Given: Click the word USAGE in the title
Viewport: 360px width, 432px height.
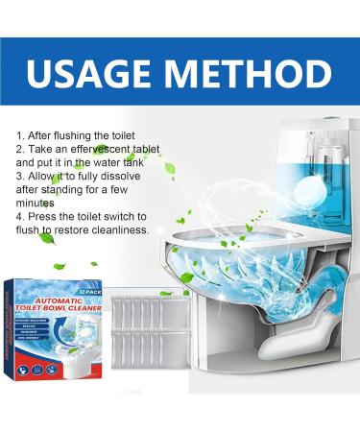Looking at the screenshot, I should pyautogui.click(x=100, y=74).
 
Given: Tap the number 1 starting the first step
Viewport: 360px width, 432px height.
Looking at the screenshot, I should pyautogui.click(x=19, y=135).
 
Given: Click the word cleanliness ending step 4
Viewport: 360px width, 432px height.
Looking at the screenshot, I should pyautogui.click(x=117, y=229).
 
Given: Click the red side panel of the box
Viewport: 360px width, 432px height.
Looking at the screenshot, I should pyautogui.click(x=18, y=331).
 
